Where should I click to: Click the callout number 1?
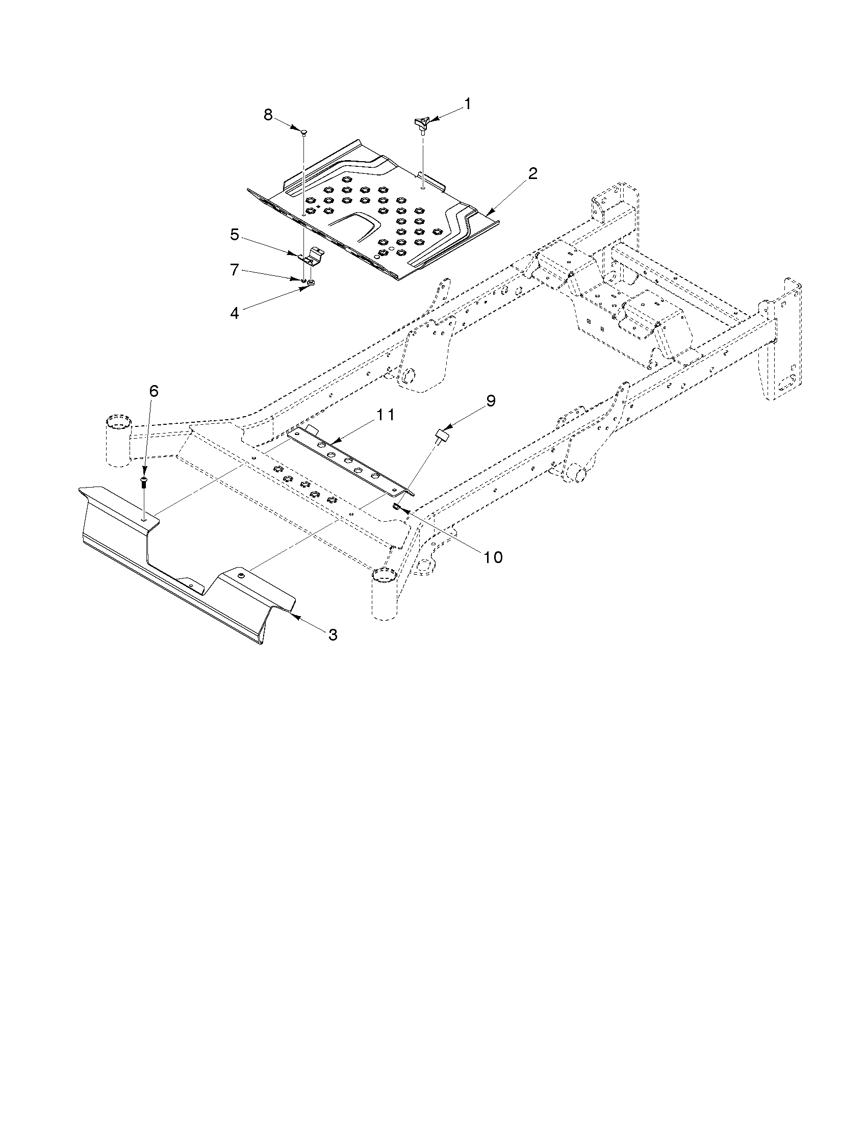[467, 104]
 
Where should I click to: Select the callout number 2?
[532, 173]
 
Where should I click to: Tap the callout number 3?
[333, 635]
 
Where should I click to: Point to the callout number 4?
[235, 313]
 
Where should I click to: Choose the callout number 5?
[235, 235]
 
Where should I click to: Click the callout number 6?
[154, 391]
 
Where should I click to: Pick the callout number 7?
[235, 270]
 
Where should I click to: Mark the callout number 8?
[268, 115]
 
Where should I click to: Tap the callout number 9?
[491, 401]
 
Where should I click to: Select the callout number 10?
[493, 557]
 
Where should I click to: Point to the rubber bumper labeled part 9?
[441, 436]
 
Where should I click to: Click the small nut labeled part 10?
[397, 507]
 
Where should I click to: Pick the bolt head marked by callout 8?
[303, 132]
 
